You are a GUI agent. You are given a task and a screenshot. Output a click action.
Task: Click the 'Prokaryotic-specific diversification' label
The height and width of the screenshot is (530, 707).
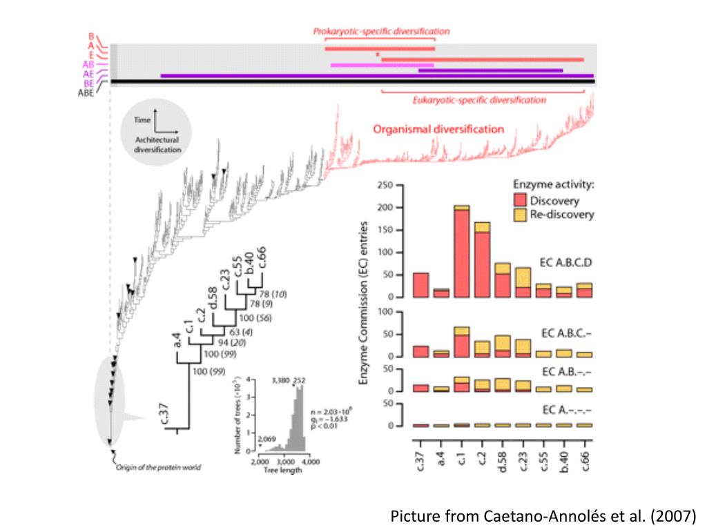pos(381,31)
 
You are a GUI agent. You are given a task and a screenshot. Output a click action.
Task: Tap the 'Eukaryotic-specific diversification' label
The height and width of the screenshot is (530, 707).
pos(478,100)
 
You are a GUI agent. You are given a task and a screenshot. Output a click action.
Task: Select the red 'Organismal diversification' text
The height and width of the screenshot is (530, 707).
pos(438,129)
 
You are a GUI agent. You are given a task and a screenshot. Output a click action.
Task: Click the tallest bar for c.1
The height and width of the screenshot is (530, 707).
pos(462,252)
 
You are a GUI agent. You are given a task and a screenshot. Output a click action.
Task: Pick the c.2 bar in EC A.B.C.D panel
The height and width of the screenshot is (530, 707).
pos(483,260)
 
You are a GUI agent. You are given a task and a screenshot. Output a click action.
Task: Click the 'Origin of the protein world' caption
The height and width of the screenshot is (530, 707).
pos(158,468)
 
